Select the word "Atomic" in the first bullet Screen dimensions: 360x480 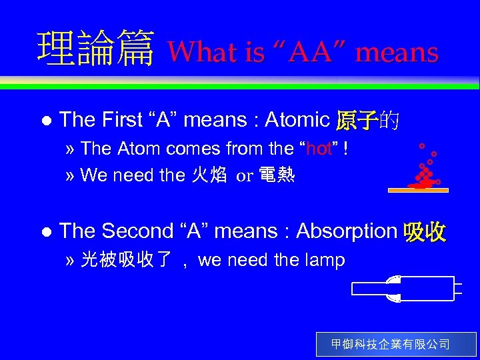tap(297, 120)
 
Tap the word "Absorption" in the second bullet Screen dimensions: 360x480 tap(346, 231)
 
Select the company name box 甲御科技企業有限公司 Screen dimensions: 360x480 tap(396, 345)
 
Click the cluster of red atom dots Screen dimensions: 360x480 tap(423, 175)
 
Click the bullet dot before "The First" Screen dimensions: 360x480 tap(45, 121)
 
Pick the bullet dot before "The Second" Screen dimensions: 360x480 tap(45, 232)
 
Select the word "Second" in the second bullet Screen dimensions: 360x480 tap(137, 231)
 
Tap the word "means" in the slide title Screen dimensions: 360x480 tap(397, 52)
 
